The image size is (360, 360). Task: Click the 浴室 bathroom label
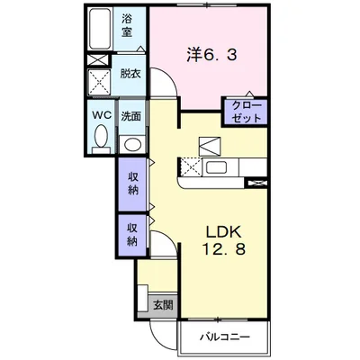pos(127,26)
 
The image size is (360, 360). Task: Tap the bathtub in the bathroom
pos(100,29)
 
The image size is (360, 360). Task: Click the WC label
pos(102,114)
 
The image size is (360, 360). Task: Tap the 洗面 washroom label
pos(131,116)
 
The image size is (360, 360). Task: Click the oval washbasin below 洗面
pos(132,145)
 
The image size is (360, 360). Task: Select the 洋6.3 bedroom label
pos(212,55)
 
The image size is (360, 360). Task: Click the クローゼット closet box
pos(246,112)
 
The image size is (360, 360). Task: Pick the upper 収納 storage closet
pos(132,184)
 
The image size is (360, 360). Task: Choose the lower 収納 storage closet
pos(132,235)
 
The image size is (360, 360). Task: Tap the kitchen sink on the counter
pos(216,167)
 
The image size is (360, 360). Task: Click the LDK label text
pos(223,232)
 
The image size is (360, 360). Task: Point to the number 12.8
pos(224,249)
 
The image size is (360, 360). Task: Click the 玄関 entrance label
pos(163,305)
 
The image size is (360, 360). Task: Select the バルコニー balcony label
pos(225,337)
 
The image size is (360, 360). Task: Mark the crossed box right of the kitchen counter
pos(257,183)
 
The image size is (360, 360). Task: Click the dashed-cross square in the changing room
pos(99,82)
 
